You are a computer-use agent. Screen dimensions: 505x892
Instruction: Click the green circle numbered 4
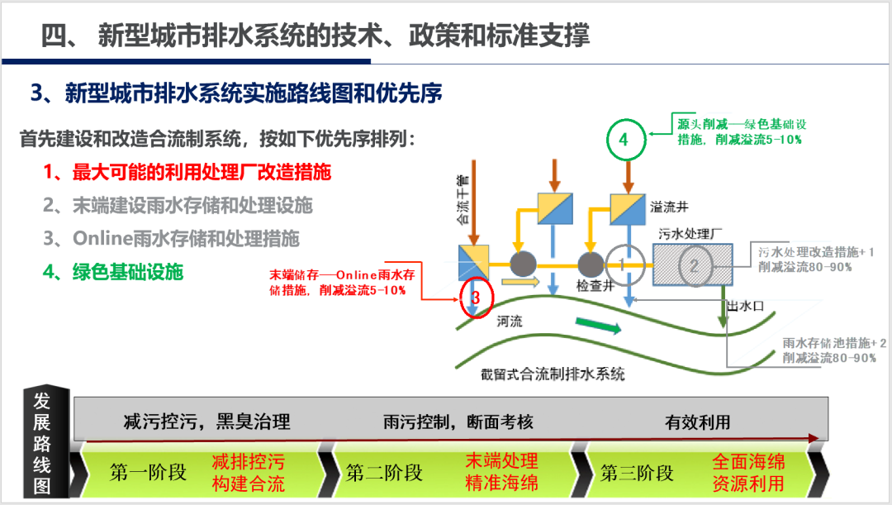pos(624,141)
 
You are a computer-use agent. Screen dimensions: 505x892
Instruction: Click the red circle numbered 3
pos(475,296)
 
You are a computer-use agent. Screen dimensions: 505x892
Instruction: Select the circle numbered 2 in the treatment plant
pos(695,265)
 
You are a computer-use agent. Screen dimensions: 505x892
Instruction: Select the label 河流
pos(510,322)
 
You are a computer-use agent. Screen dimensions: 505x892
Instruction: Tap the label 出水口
pos(744,306)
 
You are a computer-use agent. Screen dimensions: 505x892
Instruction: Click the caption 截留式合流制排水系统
pos(553,373)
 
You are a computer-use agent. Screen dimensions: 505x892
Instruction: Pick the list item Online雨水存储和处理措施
pos(171,238)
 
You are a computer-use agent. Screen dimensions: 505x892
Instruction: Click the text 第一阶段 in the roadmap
pos(149,472)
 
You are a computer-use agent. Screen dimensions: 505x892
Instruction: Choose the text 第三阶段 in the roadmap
pos(637,472)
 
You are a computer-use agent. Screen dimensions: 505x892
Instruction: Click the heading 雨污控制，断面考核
pos(458,422)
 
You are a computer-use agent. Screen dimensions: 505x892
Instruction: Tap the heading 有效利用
pos(698,422)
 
